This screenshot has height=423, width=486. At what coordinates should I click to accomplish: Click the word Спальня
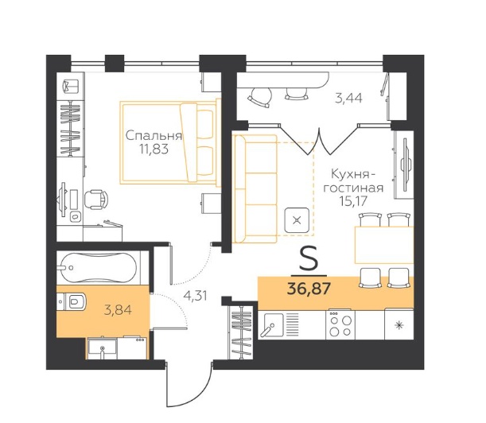154,136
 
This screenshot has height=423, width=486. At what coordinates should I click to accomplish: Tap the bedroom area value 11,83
154,149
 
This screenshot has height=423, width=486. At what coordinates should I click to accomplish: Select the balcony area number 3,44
348,99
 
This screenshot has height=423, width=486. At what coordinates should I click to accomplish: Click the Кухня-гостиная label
353,181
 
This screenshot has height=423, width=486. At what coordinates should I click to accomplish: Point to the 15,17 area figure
353,201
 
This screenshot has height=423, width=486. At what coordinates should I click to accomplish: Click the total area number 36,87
309,289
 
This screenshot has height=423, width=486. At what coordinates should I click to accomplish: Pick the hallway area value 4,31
195,296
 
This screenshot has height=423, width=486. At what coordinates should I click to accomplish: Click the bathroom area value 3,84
118,309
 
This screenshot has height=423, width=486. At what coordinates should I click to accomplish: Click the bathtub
99,268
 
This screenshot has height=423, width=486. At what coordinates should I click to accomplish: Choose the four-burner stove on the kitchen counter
340,324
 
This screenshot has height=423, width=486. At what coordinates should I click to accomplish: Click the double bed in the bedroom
170,143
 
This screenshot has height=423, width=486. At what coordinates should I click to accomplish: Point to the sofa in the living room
255,189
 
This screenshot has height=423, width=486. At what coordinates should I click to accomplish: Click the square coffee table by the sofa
297,220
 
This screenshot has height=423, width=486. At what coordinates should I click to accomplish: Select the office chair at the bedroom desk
96,200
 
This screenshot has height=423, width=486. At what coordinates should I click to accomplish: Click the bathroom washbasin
103,348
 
